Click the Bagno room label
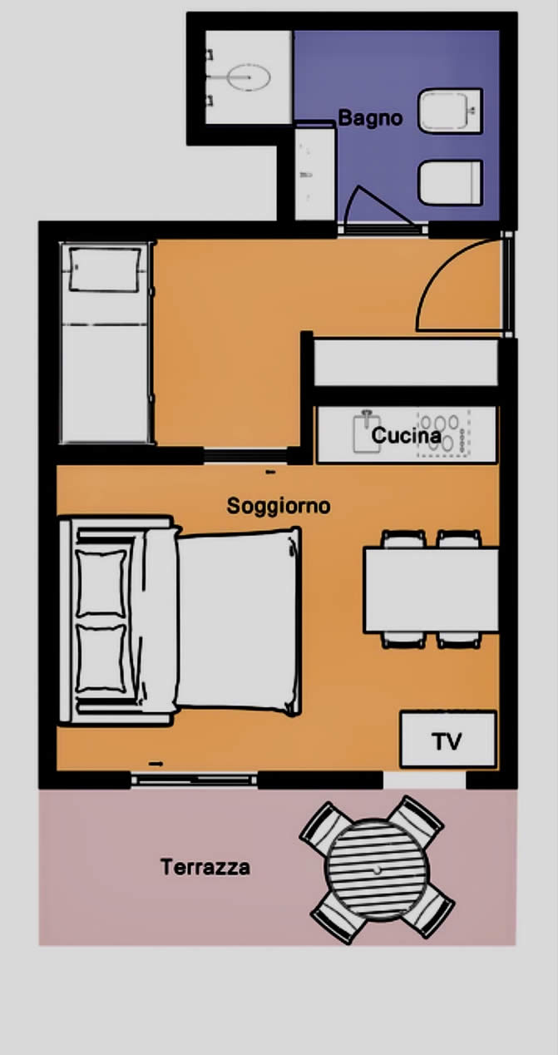pos(370,118)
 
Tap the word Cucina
pos(407,435)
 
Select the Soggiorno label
pos(279,507)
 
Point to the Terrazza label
pos(205,867)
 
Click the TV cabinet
pos(447,739)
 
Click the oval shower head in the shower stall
pos(248,77)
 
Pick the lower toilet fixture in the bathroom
pos(450,182)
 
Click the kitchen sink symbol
pos(367,432)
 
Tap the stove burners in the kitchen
pos(443,433)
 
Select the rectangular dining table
pos(431,590)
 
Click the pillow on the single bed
pos(105,270)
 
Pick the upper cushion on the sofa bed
pos(101,583)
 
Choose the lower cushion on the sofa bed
pos(101,658)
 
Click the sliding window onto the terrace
pos(194,780)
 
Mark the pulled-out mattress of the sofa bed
pos(239,622)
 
